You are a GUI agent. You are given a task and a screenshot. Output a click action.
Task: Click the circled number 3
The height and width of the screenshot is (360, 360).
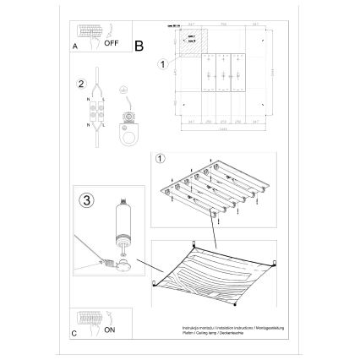[87, 201]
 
